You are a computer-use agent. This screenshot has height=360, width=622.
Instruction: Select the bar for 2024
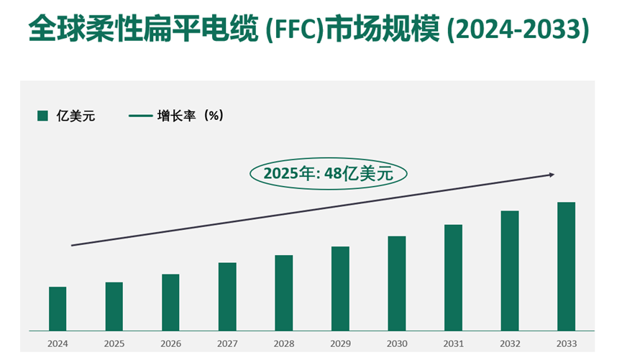(x=58, y=309)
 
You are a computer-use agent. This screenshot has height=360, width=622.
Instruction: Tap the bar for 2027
(x=227, y=297)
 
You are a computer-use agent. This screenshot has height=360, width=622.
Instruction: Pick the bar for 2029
(x=340, y=289)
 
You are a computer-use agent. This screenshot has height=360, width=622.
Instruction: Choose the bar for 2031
(x=453, y=278)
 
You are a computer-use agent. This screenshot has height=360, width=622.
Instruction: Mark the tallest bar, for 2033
(x=566, y=267)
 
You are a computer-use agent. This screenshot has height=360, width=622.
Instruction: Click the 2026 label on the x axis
(x=170, y=343)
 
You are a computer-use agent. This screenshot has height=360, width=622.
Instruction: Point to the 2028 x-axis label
(x=283, y=343)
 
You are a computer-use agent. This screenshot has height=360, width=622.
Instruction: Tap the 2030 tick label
(x=396, y=343)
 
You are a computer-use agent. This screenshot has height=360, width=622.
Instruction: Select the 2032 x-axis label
(x=509, y=343)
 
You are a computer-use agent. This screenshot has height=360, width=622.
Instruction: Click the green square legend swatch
(x=42, y=116)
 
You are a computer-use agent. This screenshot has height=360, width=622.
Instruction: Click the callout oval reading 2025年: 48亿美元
(x=329, y=173)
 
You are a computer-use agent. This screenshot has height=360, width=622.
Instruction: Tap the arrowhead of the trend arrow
(x=552, y=175)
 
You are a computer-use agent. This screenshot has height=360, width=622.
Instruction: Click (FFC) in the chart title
(x=293, y=29)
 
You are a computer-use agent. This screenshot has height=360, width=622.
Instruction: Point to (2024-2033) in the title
(x=518, y=29)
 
